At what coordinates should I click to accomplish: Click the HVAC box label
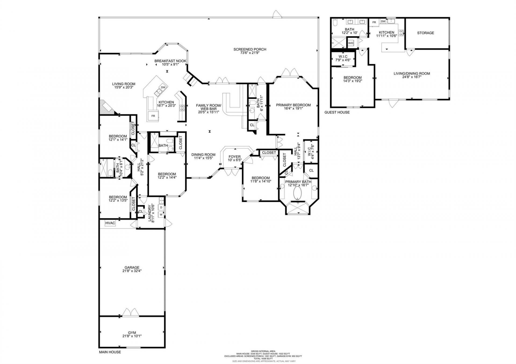[x=110, y=223]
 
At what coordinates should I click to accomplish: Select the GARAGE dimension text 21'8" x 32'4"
[x=132, y=271]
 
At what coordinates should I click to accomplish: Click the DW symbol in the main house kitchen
[x=163, y=88]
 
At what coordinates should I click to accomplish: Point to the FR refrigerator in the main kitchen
[x=153, y=116]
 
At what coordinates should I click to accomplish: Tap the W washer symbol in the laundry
[x=161, y=214]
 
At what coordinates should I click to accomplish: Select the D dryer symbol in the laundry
[x=161, y=208]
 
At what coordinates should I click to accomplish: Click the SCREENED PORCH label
[x=250, y=49]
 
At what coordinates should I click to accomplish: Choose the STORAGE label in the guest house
[x=425, y=33]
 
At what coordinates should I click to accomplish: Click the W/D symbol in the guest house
[x=351, y=43]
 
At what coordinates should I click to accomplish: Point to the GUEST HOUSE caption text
[x=337, y=112]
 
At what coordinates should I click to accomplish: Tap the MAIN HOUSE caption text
[x=110, y=352]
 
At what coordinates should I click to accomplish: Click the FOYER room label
[x=235, y=157]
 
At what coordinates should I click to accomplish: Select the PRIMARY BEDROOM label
[x=293, y=105]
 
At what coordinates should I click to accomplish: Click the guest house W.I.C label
[x=343, y=57]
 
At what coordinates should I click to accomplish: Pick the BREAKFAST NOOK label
[x=170, y=61]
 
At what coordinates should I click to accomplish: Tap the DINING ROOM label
[x=203, y=155]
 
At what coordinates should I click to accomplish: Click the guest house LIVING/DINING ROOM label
[x=411, y=74]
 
